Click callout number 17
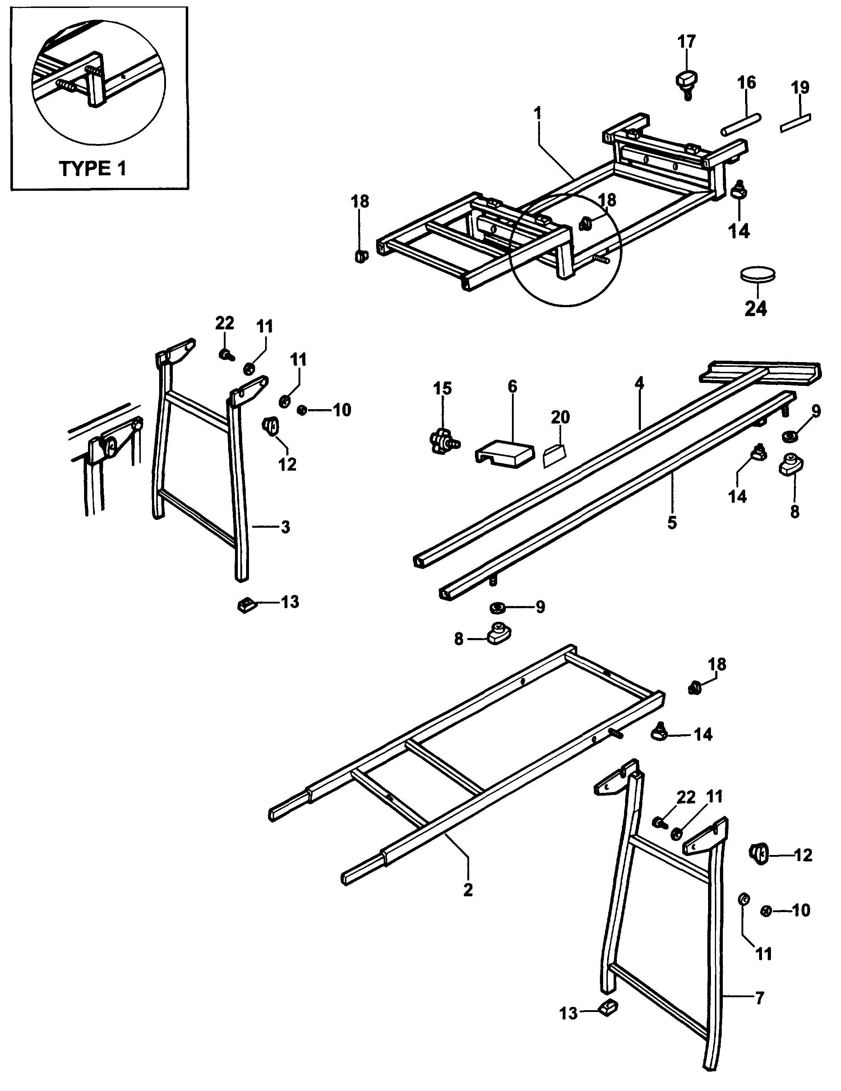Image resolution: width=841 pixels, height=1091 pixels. (x=687, y=41)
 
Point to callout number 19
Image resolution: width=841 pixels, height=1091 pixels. (x=800, y=87)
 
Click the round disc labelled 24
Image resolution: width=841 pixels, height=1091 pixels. (x=758, y=274)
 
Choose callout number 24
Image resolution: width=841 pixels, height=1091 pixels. (x=755, y=309)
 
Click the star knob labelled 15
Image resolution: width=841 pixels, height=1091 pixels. (x=443, y=441)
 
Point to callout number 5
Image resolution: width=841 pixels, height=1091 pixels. (x=672, y=523)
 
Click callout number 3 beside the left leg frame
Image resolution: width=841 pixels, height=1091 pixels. (x=285, y=527)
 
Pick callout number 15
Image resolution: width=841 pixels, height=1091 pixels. (x=442, y=388)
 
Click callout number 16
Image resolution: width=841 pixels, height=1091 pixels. (x=747, y=82)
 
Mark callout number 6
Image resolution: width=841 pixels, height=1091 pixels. (x=513, y=386)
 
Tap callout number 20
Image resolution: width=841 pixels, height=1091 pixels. (x=560, y=417)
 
